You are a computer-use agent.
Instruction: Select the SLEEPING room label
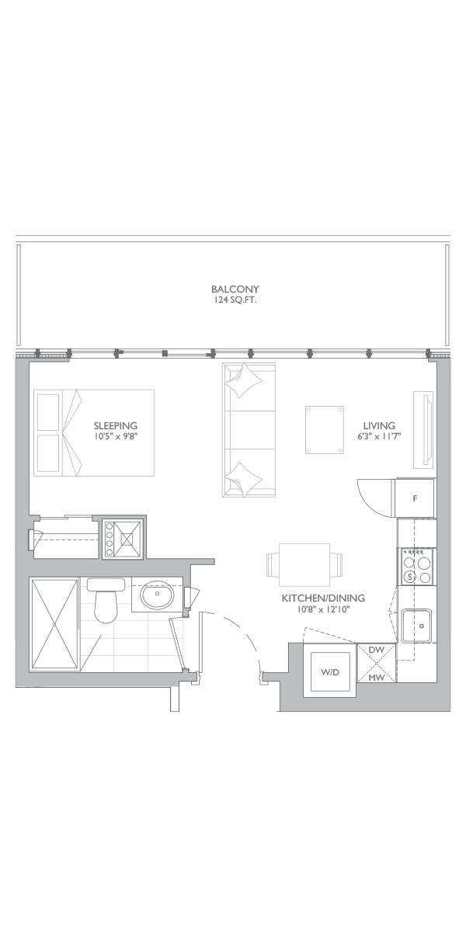(116, 425)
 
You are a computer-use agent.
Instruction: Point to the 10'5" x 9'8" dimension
(116, 436)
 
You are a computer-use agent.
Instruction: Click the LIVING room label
(379, 425)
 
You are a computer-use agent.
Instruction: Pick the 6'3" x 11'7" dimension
(379, 436)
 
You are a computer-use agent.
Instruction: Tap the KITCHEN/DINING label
(323, 598)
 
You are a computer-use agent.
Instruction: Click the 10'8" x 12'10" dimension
(323, 609)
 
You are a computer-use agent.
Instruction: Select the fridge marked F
(415, 498)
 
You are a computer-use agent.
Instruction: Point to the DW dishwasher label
(377, 650)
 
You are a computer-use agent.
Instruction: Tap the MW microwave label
(377, 678)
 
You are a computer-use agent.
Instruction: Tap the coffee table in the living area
(324, 430)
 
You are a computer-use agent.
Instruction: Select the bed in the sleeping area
(94, 432)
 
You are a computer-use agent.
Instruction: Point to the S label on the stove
(409, 578)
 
